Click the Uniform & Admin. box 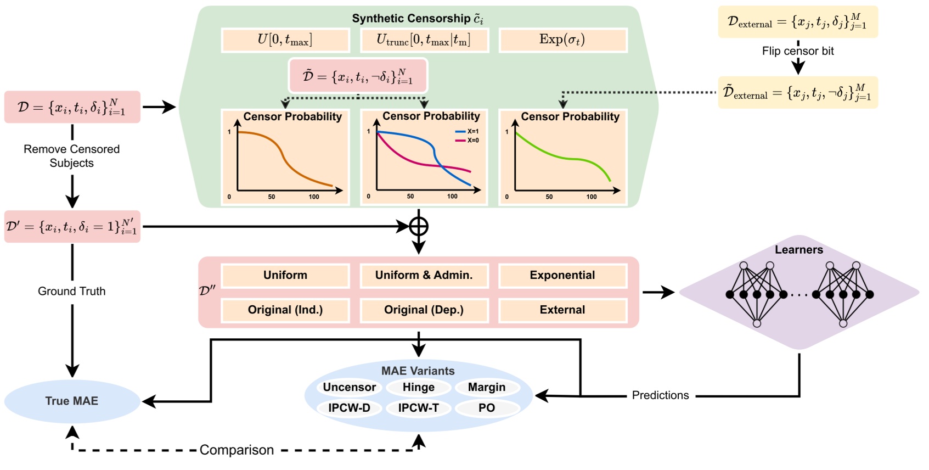424,276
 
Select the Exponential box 562,276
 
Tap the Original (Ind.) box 285,310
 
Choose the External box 562,310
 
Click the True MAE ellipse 72,401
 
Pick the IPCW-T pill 418,408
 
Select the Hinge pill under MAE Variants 418,388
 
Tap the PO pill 487,408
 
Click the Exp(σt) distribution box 562,40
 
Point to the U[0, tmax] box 285,40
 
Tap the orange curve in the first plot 284,158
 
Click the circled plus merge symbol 419,226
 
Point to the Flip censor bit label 797,51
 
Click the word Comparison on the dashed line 237,450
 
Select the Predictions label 660,395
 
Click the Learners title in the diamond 798,250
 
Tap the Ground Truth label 71,292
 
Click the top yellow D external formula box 797,22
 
